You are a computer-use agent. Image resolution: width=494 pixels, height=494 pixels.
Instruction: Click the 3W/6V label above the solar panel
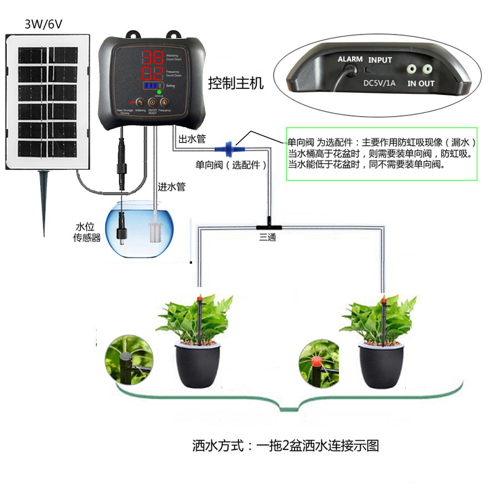tap(41, 24)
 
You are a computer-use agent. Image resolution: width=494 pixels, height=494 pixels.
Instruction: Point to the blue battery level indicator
tap(152, 86)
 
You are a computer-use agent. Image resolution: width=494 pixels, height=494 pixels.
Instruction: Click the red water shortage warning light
tap(132, 102)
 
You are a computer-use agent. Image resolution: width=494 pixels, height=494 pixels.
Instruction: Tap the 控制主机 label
tap(235, 83)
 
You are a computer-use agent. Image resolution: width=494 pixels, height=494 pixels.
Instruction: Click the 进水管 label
tap(171, 186)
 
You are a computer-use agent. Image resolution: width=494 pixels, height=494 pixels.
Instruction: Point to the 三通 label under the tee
tap(268, 235)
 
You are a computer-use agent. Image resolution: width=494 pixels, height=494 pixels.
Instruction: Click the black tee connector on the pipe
tap(269, 221)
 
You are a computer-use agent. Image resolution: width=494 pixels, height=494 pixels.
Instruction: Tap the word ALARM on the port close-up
tap(350, 59)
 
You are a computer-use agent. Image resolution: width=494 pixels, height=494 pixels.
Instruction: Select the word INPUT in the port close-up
tap(380, 60)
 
